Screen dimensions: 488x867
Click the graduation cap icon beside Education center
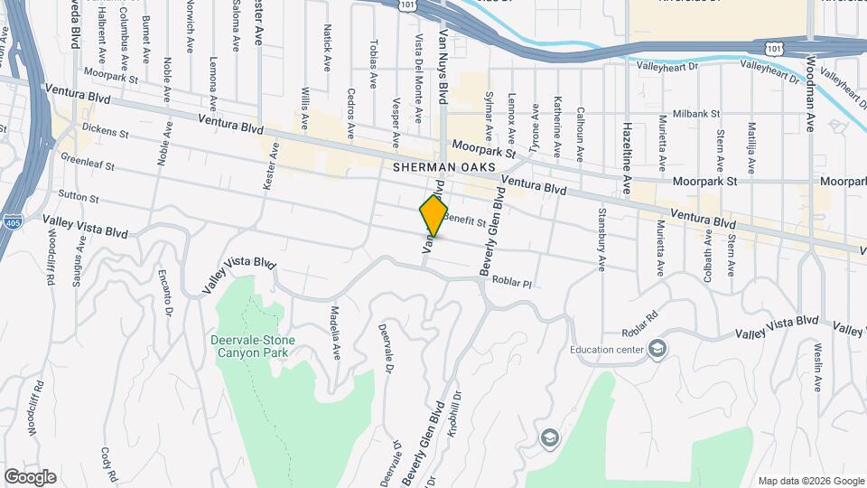[x=658, y=349]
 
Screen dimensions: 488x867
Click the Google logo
[x=30, y=476]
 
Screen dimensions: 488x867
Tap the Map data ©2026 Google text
[x=810, y=481]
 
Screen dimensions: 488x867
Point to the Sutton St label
[x=79, y=197]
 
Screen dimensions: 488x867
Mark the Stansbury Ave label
[x=601, y=239]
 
